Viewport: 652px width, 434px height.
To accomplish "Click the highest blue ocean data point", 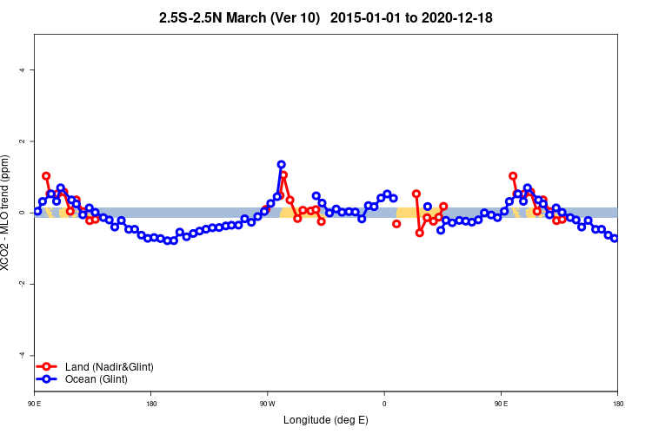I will tap(282, 164).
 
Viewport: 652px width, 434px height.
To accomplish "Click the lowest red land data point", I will tap(420, 233).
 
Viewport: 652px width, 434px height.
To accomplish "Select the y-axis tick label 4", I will tap(21, 70).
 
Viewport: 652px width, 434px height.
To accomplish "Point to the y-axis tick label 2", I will tap(21, 141).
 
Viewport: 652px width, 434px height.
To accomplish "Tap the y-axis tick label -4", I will tap(21, 355).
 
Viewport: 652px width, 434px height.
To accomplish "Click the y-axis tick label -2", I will tap(21, 284).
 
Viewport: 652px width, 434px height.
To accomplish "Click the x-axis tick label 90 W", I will tap(267, 404).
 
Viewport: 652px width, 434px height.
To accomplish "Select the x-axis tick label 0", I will tap(384, 404).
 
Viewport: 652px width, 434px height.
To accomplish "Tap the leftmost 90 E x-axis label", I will tap(34, 404).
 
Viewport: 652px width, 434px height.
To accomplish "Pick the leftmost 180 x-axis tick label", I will tap(151, 404).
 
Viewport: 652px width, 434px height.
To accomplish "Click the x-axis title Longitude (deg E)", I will tap(326, 420).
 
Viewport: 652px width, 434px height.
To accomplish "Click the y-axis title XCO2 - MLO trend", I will tap(7, 213).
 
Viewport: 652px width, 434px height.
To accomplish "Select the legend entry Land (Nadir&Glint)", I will tap(110, 367).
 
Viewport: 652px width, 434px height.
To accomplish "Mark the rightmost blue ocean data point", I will tap(615, 238).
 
